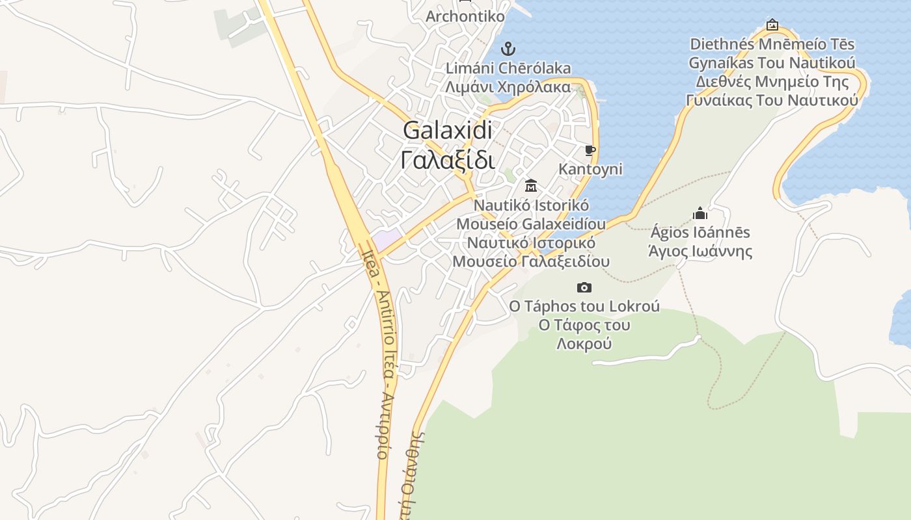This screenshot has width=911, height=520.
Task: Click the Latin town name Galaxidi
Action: point(448,130)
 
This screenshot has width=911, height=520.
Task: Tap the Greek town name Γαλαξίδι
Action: point(448,160)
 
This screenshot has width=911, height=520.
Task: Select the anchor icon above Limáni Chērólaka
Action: point(508,49)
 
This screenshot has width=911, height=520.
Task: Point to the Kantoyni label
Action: point(590,170)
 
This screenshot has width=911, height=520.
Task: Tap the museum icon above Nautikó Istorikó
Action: point(531,186)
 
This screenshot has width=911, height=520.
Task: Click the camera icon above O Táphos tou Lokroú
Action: point(584,287)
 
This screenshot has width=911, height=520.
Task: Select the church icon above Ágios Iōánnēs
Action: point(700,213)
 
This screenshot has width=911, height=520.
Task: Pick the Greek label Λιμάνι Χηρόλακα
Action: point(508,86)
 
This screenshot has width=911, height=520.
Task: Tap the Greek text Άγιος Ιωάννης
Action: point(700,252)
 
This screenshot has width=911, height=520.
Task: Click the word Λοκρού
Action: point(584,344)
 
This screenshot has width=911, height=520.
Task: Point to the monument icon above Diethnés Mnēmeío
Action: point(772,25)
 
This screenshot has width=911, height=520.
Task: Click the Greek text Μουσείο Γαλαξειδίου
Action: point(531,261)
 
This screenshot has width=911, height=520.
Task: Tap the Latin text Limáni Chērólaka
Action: point(508,68)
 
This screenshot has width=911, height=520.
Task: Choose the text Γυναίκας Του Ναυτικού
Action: point(772,101)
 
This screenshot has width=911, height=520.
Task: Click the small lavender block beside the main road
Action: point(387,238)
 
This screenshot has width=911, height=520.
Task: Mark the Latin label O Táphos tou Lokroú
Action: point(584,306)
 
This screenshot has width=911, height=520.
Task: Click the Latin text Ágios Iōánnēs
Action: point(700,233)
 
